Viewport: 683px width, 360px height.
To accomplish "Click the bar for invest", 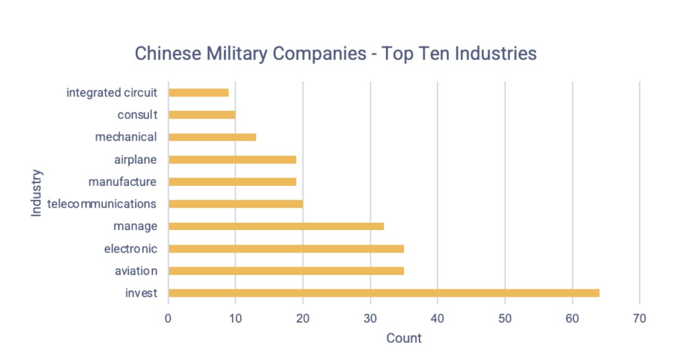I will coord(384,293).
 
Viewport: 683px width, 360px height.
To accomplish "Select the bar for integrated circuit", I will coord(199,92).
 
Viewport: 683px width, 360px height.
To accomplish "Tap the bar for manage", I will coord(276,226).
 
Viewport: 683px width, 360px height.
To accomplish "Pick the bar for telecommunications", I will coord(235,203).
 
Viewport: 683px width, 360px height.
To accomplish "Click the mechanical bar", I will coord(212,137).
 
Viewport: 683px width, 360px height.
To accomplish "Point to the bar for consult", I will coord(202,115).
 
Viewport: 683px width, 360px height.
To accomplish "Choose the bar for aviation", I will coord(286,271).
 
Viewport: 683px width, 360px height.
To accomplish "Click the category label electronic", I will coord(130,248).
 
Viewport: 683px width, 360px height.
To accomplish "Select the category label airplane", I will coord(135,159).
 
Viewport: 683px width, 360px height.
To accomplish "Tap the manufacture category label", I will coord(122,182).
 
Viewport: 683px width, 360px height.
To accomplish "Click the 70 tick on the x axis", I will coord(639,318).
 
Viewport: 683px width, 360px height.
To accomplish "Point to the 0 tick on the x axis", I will coord(168,318).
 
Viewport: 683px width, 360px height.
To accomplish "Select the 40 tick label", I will coord(437,318).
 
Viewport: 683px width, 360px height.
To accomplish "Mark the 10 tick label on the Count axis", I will coord(236,318).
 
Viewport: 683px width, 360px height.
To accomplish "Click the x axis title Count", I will coord(404,338).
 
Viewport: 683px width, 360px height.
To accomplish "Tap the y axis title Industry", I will coord(36,193).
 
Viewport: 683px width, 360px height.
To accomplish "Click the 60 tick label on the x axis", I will coord(572,318).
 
